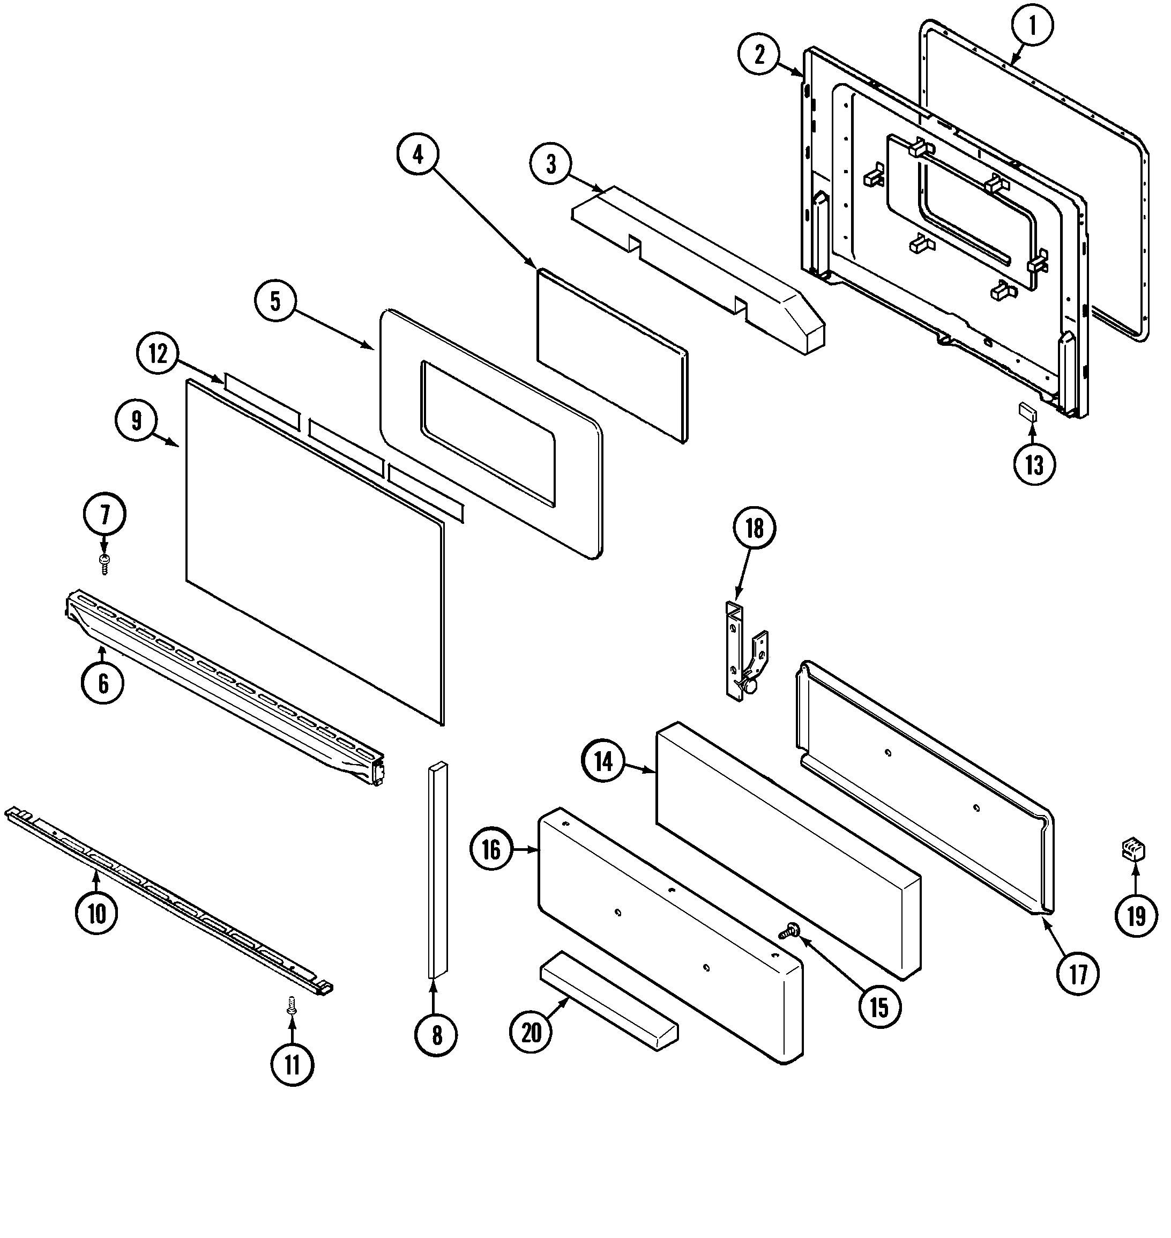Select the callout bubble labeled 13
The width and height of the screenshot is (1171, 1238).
1034,465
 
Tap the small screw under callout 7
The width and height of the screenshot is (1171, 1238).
105,563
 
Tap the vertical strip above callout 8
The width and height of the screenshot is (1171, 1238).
437,869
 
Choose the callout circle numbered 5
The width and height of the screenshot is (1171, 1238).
275,301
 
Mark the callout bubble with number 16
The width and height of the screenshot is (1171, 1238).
491,849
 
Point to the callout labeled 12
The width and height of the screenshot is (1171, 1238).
158,354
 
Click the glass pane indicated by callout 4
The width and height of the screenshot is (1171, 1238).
611,356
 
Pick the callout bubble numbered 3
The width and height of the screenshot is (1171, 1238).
550,164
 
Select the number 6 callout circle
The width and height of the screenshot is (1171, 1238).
103,683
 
